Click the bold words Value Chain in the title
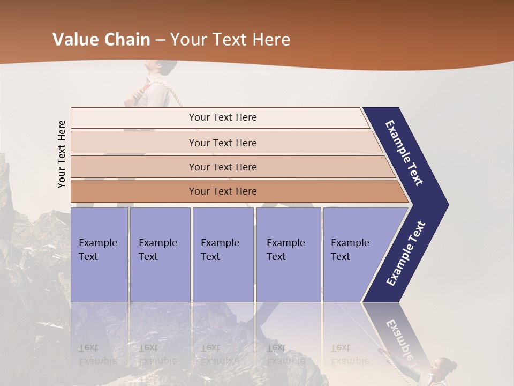[x=101, y=40]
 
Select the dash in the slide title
[x=160, y=40]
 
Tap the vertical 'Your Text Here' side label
[x=62, y=154]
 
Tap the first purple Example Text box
[x=99, y=255]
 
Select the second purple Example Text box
[x=160, y=255]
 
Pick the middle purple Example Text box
[x=223, y=255]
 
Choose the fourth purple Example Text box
[x=288, y=255]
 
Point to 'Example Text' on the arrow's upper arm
[x=404, y=153]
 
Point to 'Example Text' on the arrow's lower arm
[x=405, y=254]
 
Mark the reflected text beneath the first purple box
[x=98, y=354]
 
